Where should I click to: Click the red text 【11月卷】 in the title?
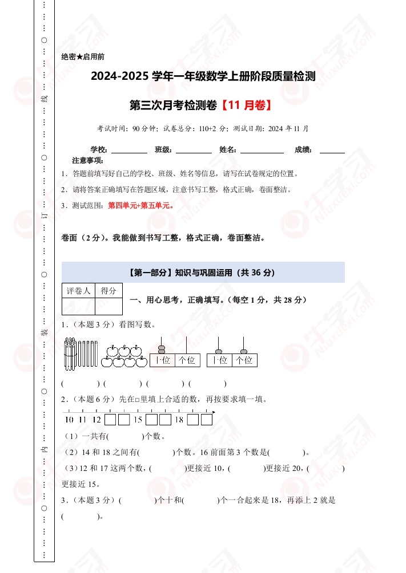point(245,105)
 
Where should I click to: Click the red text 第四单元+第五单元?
point(140,206)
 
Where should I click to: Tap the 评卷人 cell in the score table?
point(78,291)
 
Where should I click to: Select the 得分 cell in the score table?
point(108,291)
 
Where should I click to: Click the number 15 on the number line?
point(138,420)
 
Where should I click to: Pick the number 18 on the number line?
point(179,420)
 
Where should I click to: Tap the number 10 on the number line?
point(69,420)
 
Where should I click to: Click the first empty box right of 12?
point(110,420)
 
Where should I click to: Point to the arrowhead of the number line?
point(214,412)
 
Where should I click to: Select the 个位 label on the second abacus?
point(244,360)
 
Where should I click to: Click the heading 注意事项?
point(88,160)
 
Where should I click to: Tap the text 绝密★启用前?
point(82,57)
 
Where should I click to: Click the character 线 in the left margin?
point(45,99)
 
